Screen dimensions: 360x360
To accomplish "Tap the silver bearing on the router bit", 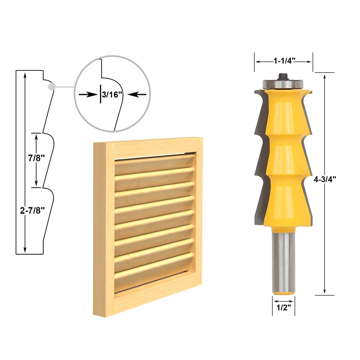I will click(x=283, y=83).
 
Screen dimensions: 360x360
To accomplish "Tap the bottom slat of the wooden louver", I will click(x=155, y=281).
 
